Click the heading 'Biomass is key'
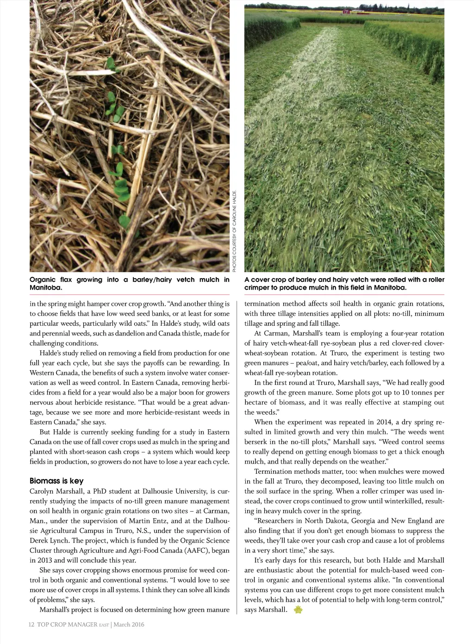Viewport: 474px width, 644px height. tap(56, 481)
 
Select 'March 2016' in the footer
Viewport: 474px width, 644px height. tap(129, 624)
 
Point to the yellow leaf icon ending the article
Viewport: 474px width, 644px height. tap(298, 610)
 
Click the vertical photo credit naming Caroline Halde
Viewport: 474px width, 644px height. tap(235, 230)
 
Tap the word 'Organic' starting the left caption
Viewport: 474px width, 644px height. tap(43, 279)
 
